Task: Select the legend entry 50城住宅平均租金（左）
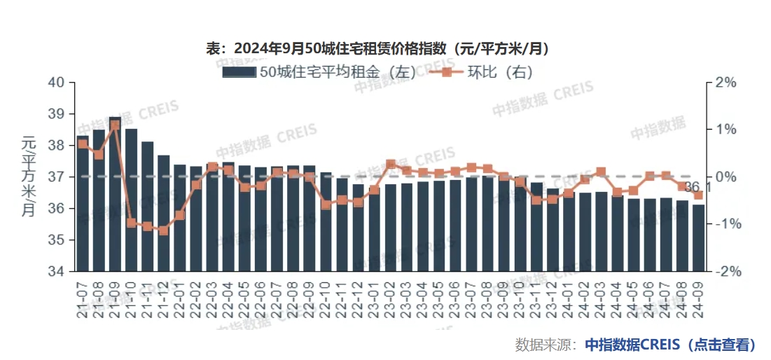coord(319,71)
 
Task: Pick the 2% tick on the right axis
coord(727,83)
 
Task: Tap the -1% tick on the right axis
coord(725,224)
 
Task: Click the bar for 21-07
coord(83,203)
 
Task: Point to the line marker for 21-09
coord(115,125)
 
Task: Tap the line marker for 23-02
coord(391,164)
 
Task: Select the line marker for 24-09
coord(698,195)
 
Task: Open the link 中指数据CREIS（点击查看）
coord(671,345)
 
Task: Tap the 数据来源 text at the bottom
coord(545,345)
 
